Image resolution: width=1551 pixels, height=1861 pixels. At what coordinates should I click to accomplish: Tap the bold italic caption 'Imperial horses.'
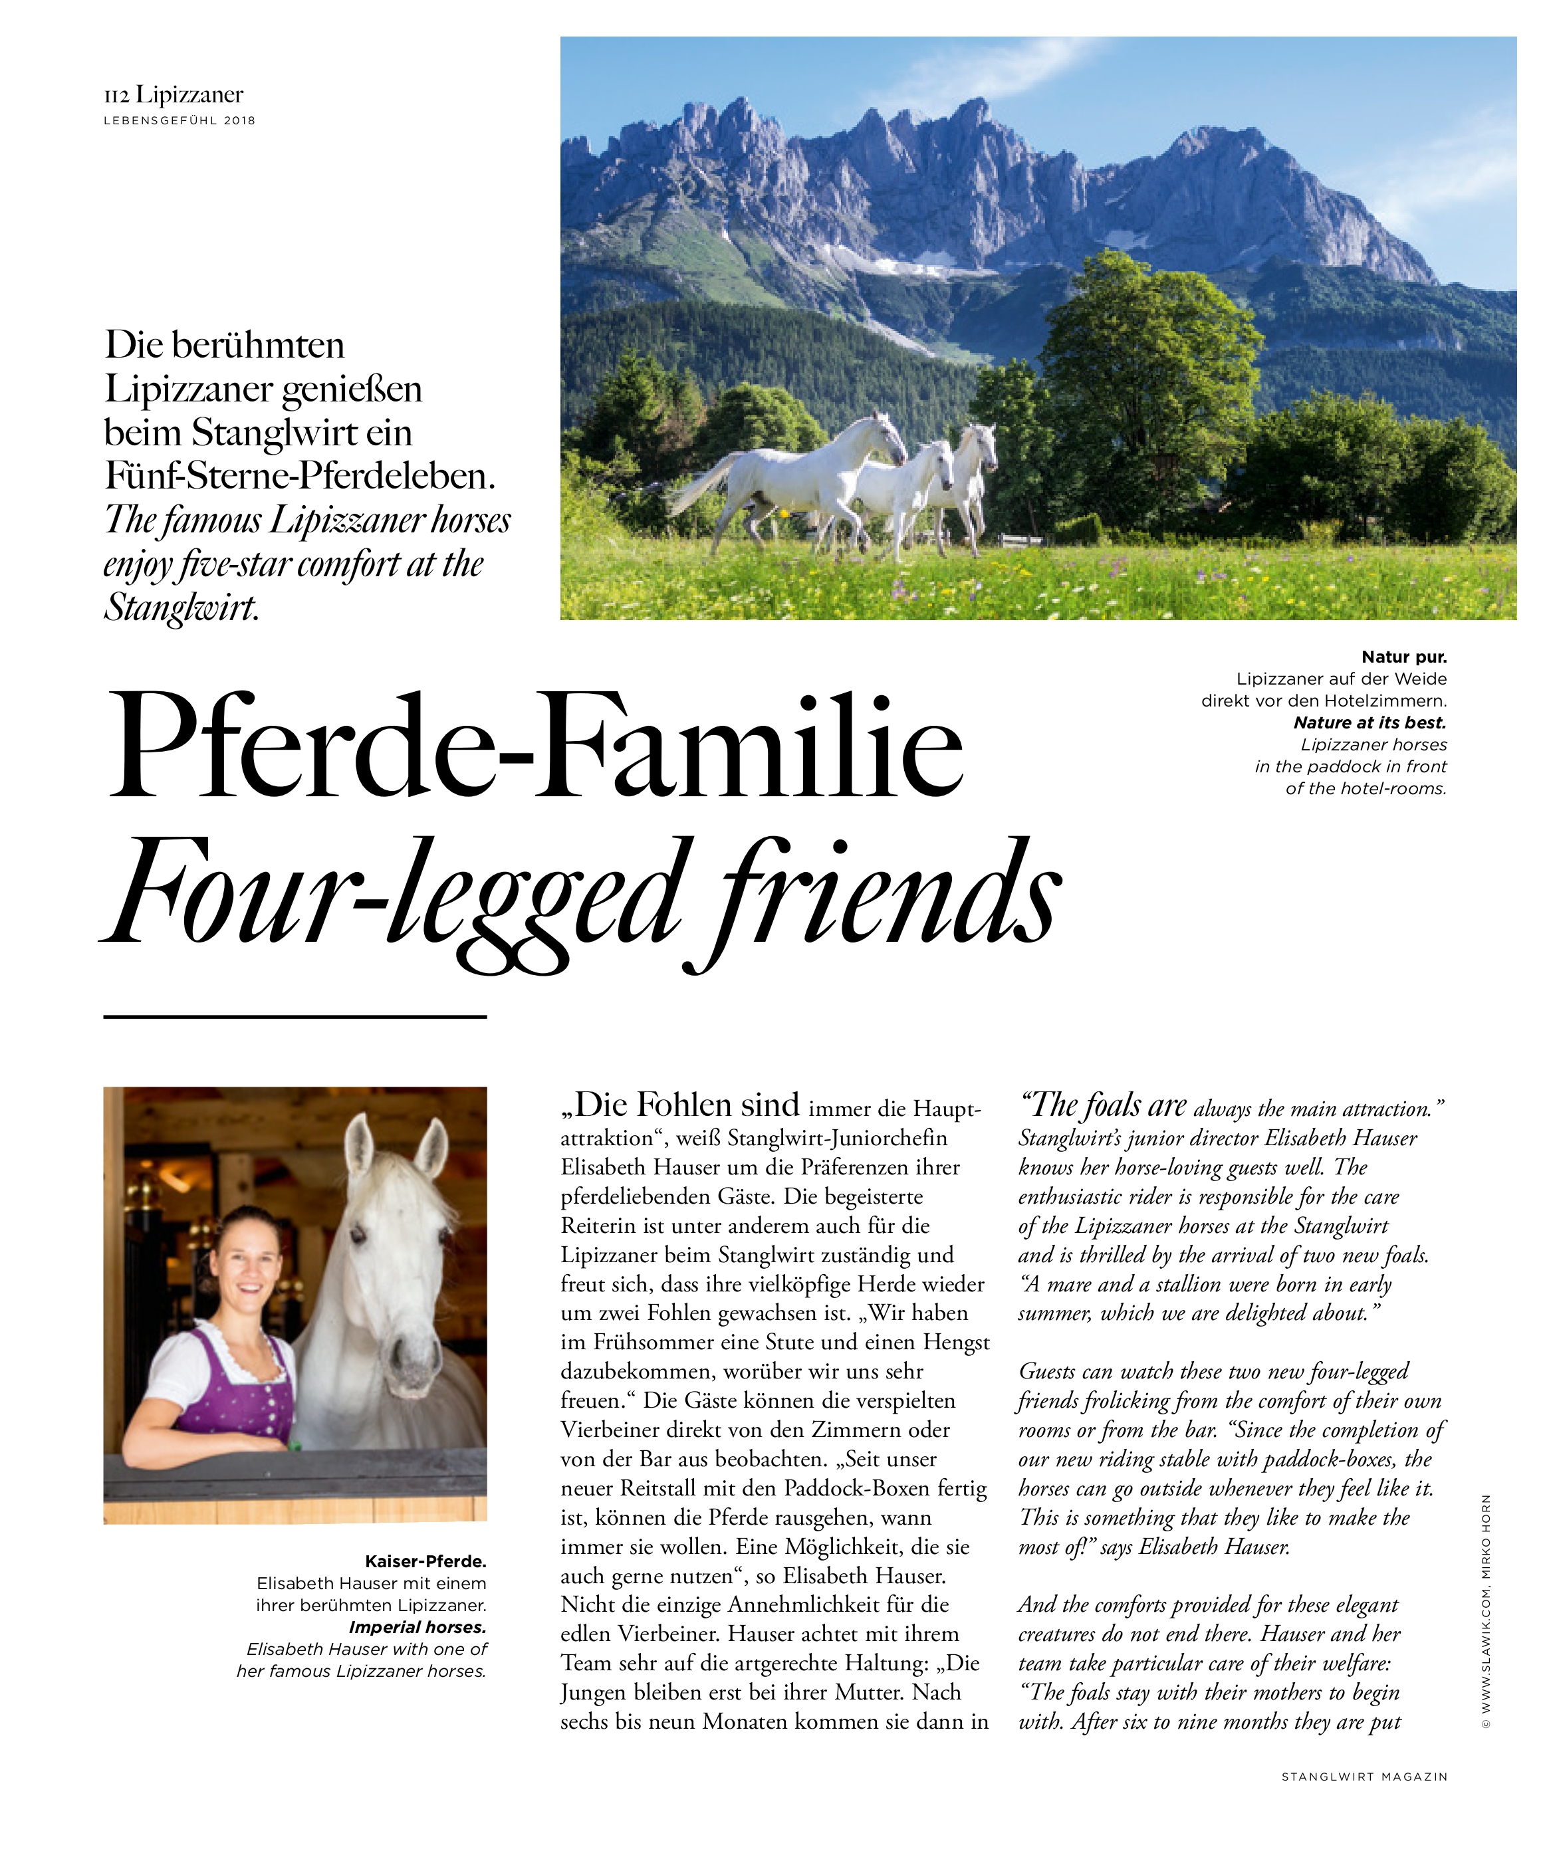(x=418, y=1627)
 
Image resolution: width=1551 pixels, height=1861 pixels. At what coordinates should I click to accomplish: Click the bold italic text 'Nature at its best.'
(x=1370, y=722)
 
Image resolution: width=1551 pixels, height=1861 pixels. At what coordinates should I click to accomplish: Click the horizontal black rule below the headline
(x=295, y=1016)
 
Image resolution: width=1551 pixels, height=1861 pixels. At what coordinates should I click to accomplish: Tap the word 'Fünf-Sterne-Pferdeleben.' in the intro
(x=300, y=476)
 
